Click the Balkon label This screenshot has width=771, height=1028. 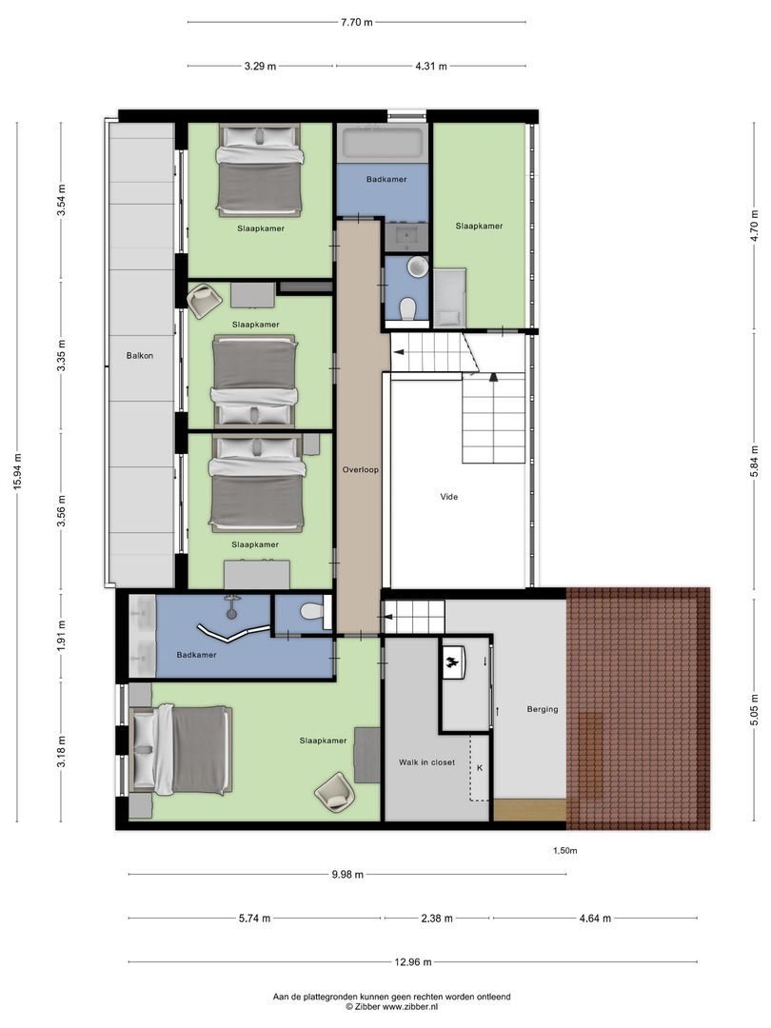[139, 356]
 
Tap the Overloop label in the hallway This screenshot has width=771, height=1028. [362, 469]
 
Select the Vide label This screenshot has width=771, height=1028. [449, 496]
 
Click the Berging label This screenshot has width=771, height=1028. [543, 709]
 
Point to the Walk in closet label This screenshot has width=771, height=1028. [425, 762]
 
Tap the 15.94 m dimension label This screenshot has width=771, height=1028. [17, 471]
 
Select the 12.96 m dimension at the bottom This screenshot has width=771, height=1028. [412, 960]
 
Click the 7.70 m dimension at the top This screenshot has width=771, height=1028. [356, 22]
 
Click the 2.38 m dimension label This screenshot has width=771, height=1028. [438, 919]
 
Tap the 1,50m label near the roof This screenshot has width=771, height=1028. [564, 851]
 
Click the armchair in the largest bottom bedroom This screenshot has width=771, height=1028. [334, 787]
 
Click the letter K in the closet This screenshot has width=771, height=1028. [480, 767]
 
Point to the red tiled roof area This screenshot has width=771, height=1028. [638, 704]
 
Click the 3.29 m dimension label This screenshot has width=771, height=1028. [260, 66]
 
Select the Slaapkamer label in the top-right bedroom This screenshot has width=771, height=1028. [479, 226]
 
